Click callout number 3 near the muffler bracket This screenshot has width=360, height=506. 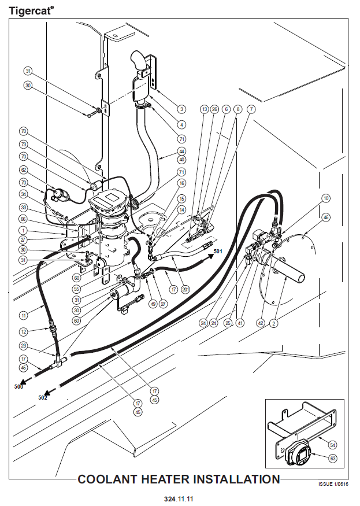click(181, 109)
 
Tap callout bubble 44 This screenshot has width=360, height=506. click(181, 152)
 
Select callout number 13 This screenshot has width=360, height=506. click(205, 109)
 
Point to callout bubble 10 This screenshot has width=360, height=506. click(326, 198)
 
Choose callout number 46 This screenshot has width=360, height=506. click(326, 217)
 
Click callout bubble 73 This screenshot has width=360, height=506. click(23, 144)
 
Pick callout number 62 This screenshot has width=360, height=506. click(23, 170)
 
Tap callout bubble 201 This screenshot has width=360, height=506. click(185, 290)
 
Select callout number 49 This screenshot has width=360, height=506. click(153, 304)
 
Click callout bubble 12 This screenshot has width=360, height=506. click(23, 331)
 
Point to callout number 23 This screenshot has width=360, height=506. click(23, 346)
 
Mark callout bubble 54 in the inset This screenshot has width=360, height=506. click(333, 445)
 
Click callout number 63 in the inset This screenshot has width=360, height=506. click(333, 458)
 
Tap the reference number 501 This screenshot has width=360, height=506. click(218, 251)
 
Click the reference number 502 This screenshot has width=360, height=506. click(43, 398)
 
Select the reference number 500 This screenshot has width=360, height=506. click(18, 387)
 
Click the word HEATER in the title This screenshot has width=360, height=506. click(166, 479)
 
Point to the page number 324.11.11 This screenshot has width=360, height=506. click(179, 499)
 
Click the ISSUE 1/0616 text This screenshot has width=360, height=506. click(333, 484)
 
